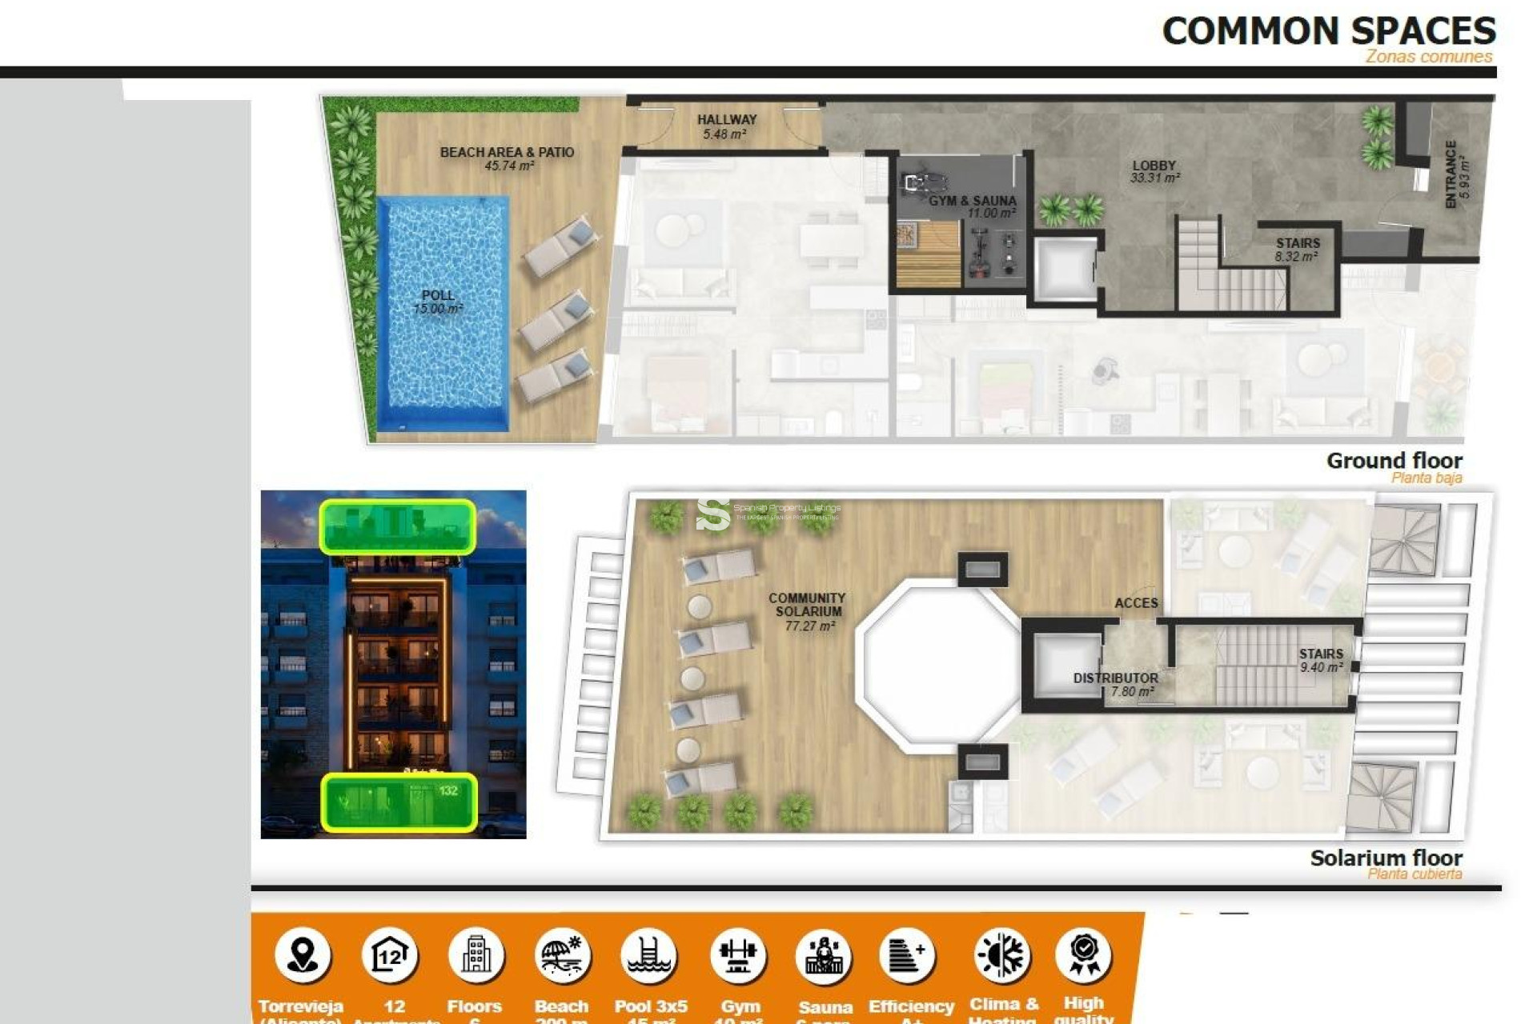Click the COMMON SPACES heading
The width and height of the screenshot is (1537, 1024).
[1328, 31]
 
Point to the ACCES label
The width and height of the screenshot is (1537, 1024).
[1136, 602]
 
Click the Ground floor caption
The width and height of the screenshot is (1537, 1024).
[1394, 462]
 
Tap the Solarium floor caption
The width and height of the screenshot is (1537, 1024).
[1386, 858]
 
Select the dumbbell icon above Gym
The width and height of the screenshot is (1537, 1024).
[738, 955]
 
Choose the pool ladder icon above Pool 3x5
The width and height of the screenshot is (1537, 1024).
[649, 955]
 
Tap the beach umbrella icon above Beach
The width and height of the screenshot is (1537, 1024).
[562, 955]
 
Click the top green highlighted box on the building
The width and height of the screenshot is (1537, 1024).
[398, 526]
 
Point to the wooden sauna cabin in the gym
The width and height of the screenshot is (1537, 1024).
[928, 254]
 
